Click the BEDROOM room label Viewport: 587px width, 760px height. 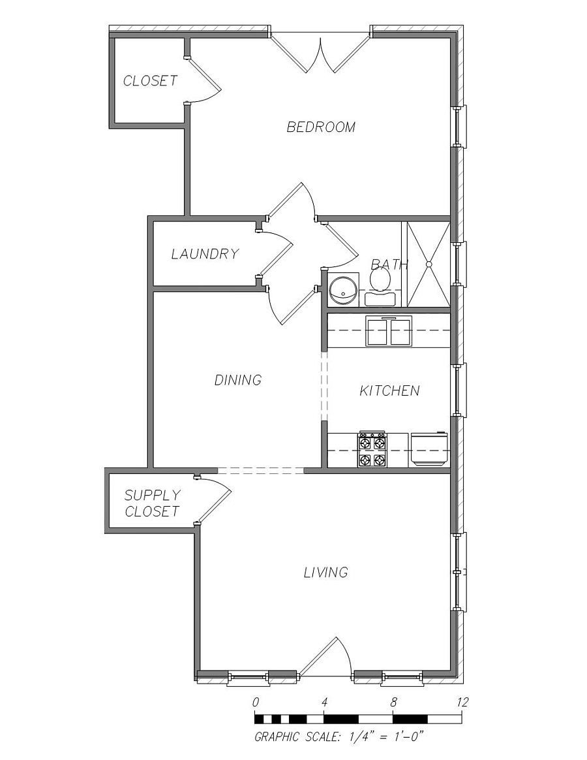pyautogui.click(x=321, y=127)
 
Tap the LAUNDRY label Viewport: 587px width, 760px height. pyautogui.click(x=205, y=253)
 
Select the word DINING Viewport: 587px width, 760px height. pyautogui.click(x=238, y=379)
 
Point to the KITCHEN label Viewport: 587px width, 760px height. pyautogui.click(x=389, y=390)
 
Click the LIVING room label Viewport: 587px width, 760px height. pyautogui.click(x=326, y=573)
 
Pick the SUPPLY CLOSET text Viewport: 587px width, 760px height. pyautogui.click(x=152, y=503)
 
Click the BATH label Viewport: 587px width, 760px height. pyautogui.click(x=389, y=264)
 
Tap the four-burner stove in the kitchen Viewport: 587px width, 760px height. pyautogui.click(x=372, y=449)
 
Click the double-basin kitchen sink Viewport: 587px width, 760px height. pyautogui.click(x=389, y=330)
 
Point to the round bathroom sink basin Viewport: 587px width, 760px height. pyautogui.click(x=343, y=290)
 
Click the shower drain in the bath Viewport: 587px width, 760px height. pyautogui.click(x=429, y=264)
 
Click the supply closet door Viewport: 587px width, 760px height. pyautogui.click(x=213, y=499)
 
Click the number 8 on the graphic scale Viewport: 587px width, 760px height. pyautogui.click(x=393, y=701)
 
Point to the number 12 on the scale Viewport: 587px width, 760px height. pyautogui.click(x=462, y=701)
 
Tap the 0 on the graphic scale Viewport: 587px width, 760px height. pyautogui.click(x=255, y=701)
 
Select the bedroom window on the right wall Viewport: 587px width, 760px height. pyautogui.click(x=460, y=127)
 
